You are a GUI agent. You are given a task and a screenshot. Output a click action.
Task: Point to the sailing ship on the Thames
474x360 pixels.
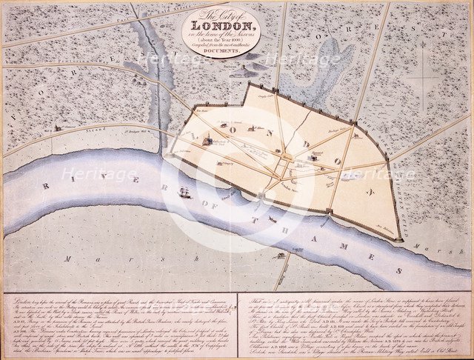pos(185,193)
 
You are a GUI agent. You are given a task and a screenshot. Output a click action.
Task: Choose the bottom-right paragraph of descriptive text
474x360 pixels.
pos(354,323)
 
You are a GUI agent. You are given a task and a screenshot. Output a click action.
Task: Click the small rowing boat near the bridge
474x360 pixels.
pos(273,219)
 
